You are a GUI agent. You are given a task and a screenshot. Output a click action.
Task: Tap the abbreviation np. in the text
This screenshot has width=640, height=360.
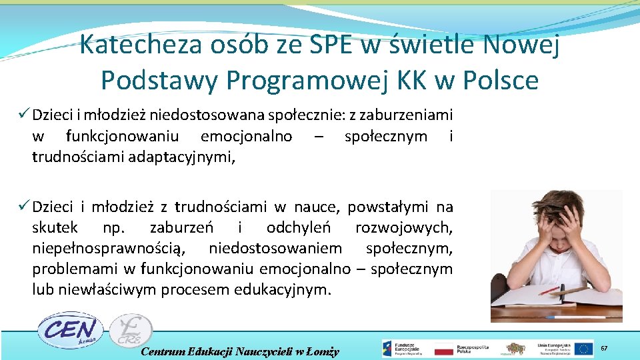114,227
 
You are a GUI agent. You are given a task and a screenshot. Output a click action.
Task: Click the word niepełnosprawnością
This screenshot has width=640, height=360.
108,248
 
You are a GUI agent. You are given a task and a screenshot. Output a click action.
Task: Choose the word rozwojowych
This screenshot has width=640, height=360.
404,227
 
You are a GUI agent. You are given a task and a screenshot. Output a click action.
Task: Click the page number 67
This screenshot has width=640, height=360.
605,348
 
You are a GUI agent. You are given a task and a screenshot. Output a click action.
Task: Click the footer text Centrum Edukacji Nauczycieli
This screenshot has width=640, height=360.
241,351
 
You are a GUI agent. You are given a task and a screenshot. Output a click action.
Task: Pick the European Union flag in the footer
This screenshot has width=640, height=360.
585,349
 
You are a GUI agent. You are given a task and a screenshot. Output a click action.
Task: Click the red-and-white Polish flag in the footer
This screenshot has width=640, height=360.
443,349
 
